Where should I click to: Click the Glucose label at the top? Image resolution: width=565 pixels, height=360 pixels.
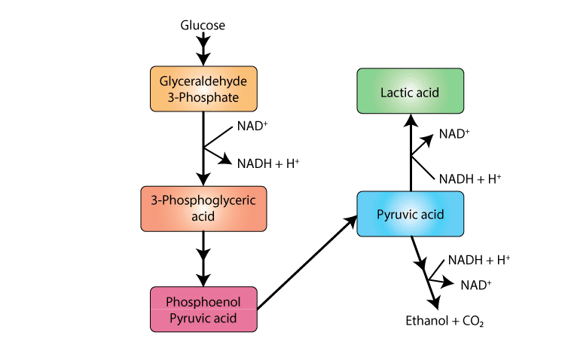(x=203, y=26)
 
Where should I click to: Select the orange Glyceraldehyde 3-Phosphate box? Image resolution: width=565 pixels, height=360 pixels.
(x=203, y=89)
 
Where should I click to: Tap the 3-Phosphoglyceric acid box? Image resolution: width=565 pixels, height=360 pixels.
(x=203, y=209)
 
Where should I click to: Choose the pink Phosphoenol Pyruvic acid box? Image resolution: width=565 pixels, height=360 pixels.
(x=203, y=309)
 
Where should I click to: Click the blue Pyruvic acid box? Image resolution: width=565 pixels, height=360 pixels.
(x=410, y=215)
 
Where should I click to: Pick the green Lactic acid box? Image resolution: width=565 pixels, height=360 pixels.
(x=410, y=92)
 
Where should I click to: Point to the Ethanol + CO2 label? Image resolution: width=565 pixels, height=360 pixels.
(x=444, y=321)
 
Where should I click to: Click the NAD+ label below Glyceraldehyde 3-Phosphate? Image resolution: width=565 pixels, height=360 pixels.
(x=252, y=126)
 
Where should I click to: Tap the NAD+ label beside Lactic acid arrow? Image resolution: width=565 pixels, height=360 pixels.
(x=454, y=134)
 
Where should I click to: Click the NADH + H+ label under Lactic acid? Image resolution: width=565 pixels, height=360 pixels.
(x=469, y=178)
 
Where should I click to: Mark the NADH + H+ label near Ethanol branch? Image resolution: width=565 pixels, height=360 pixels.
(x=479, y=261)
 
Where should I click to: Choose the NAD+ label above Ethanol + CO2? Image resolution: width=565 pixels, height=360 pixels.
(x=476, y=284)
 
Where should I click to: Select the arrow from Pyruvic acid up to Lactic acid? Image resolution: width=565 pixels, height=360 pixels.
(x=410, y=158)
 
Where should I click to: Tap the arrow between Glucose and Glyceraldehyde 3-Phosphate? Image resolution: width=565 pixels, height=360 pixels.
(x=203, y=50)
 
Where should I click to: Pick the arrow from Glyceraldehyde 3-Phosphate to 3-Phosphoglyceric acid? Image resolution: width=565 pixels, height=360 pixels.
(x=203, y=151)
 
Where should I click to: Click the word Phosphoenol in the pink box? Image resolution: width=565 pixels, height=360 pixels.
(x=203, y=301)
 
